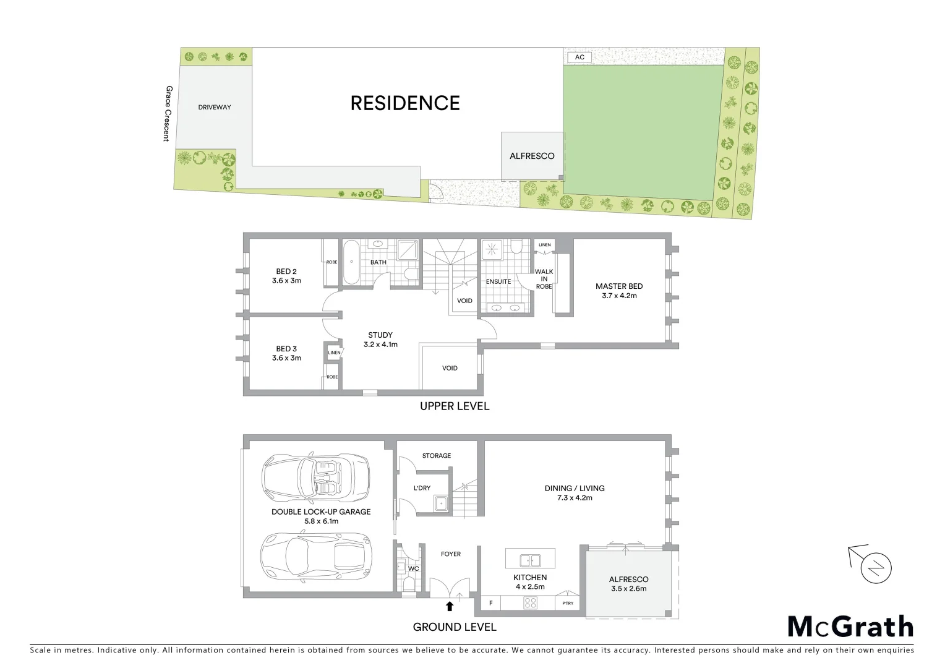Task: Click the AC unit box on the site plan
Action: tap(579, 57)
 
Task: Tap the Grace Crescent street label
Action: tap(166, 113)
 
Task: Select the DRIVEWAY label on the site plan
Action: tap(215, 107)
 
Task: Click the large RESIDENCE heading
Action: tap(405, 103)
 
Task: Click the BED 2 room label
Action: tap(286, 272)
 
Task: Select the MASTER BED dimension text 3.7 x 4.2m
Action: tap(619, 296)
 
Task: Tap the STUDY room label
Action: tap(380, 335)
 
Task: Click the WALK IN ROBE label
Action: tap(544, 279)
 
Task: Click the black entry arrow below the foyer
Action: tap(450, 606)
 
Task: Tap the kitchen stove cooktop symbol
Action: tap(530, 602)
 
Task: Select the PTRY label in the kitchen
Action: tap(567, 603)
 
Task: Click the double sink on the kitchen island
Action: tap(530, 560)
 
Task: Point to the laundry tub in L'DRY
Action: tap(441, 503)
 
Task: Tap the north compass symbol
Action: tap(876, 567)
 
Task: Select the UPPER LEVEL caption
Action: tap(455, 406)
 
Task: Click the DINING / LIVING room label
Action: tap(575, 488)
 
